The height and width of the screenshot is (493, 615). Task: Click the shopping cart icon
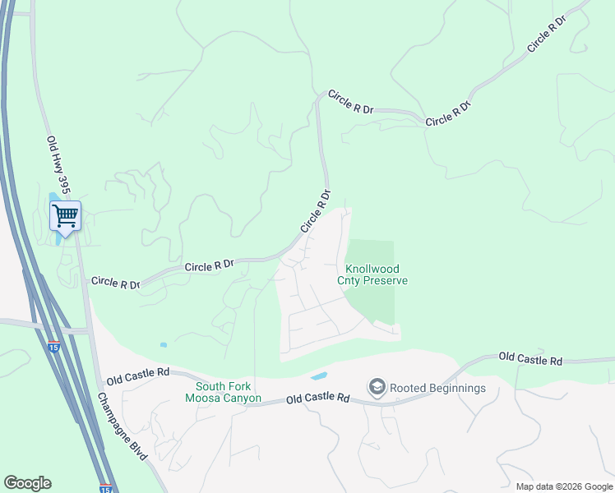[x=65, y=216]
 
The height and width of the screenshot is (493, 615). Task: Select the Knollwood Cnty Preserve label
[x=372, y=274]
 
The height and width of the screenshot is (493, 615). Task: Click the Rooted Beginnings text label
[x=437, y=388]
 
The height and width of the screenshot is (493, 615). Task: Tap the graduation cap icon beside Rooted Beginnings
[x=377, y=387]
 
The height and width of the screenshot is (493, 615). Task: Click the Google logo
[x=27, y=483]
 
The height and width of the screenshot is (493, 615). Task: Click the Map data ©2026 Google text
[x=563, y=486]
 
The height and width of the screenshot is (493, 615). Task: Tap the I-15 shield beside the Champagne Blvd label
[x=105, y=487]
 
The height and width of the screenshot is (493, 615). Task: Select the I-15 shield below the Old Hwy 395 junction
[x=53, y=347]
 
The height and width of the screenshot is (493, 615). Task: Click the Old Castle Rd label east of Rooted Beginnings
[x=530, y=360]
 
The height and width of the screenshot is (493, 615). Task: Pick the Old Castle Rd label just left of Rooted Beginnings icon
[x=318, y=399]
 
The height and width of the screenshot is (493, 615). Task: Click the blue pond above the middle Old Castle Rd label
[x=318, y=376]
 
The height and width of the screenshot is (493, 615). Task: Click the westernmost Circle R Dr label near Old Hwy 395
[x=115, y=283]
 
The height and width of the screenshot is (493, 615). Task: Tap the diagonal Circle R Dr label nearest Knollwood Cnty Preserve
[x=316, y=211]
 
